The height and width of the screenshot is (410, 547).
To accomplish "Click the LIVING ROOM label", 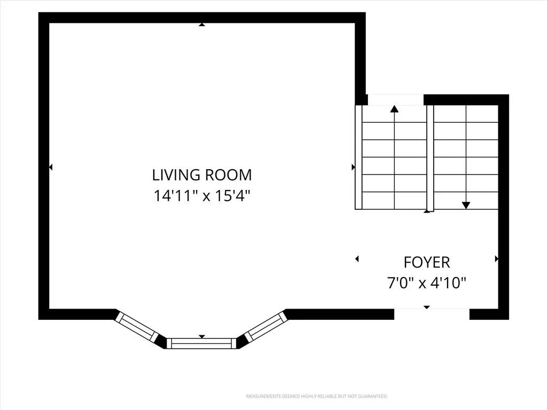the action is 202,175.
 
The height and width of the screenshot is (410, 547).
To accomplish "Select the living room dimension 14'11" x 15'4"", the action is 202,196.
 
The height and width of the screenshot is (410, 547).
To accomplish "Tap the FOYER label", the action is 427,263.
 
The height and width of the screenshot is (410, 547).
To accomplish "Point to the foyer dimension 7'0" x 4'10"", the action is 427,283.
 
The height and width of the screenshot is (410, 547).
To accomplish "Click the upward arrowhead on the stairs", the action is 394,109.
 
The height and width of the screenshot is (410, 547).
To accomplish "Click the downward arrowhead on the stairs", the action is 466,206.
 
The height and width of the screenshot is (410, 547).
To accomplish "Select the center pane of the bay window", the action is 201,343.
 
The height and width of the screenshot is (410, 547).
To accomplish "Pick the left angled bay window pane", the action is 137,326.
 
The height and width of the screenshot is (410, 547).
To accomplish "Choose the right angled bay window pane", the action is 265,327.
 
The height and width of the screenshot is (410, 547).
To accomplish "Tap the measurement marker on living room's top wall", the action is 201,25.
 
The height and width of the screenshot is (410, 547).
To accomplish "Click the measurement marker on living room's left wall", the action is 51,167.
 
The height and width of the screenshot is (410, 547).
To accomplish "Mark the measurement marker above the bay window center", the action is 201,336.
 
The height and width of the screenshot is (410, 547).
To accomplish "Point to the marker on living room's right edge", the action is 353,167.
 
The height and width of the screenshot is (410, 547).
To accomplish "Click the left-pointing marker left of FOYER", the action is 356,259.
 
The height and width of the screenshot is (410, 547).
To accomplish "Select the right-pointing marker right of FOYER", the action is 496,259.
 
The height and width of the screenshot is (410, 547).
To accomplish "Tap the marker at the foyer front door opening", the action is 427,307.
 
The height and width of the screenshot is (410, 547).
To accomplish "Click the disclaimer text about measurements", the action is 317,397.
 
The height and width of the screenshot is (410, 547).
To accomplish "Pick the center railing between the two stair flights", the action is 430,158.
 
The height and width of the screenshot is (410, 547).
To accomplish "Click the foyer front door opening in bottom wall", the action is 432,314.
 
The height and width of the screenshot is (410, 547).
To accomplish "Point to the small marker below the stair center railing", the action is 427,211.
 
